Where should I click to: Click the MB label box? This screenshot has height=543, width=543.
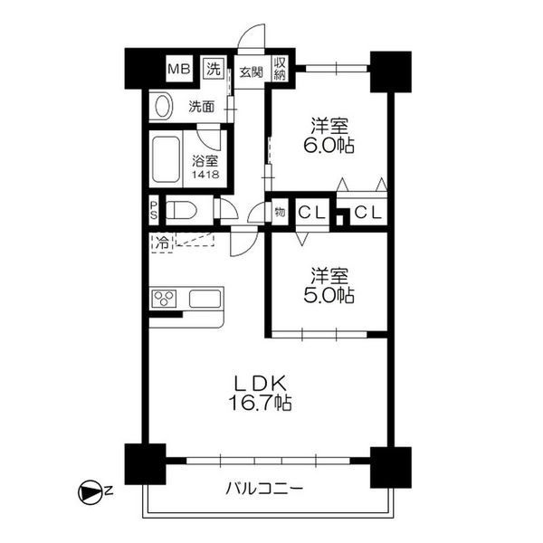coord(176,69)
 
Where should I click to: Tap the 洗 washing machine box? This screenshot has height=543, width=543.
coord(214,69)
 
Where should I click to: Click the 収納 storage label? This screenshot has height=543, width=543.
coord(281,69)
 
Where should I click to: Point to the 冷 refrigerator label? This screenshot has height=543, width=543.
coord(160,242)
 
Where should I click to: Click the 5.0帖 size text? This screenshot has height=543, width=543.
coord(328,295)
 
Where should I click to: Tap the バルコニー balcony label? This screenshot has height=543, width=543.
coord(264,490)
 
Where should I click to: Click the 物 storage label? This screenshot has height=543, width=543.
coord(280,213)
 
